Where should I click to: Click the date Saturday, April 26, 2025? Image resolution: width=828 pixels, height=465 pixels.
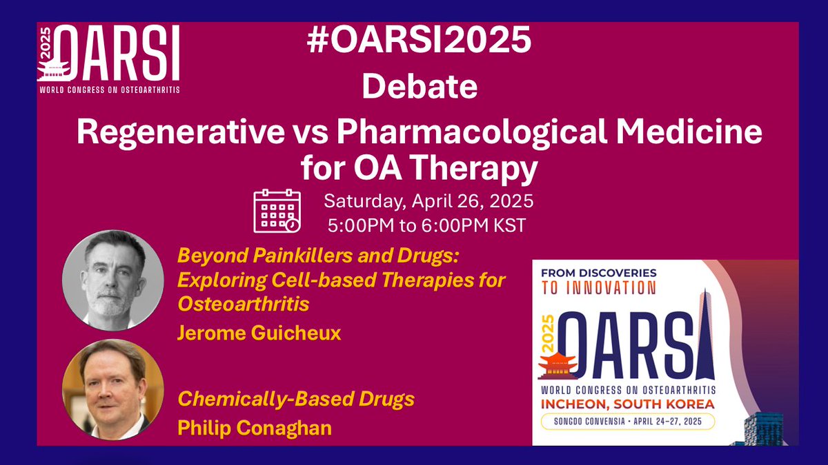pos(428,203)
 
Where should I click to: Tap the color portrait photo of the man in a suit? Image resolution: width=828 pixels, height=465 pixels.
pos(113,390)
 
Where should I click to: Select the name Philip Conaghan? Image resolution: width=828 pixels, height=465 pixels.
pos(255,427)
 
